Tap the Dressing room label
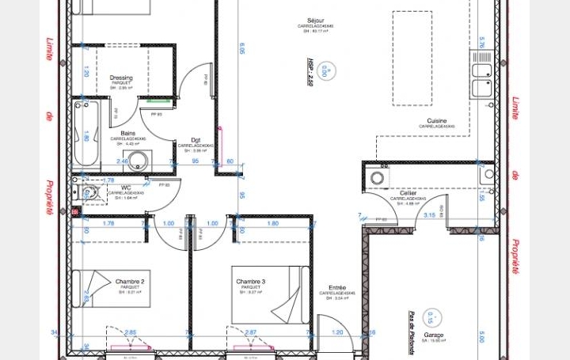point(120,78)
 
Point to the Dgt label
point(196,140)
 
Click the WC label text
point(126,188)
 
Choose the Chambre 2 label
point(129,282)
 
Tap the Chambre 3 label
point(251,282)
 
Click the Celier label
point(408,193)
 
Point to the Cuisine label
point(435,121)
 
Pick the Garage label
point(433,335)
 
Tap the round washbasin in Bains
point(137,163)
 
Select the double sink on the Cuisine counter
point(481,78)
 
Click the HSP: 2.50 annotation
point(310,71)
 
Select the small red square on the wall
point(76,212)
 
